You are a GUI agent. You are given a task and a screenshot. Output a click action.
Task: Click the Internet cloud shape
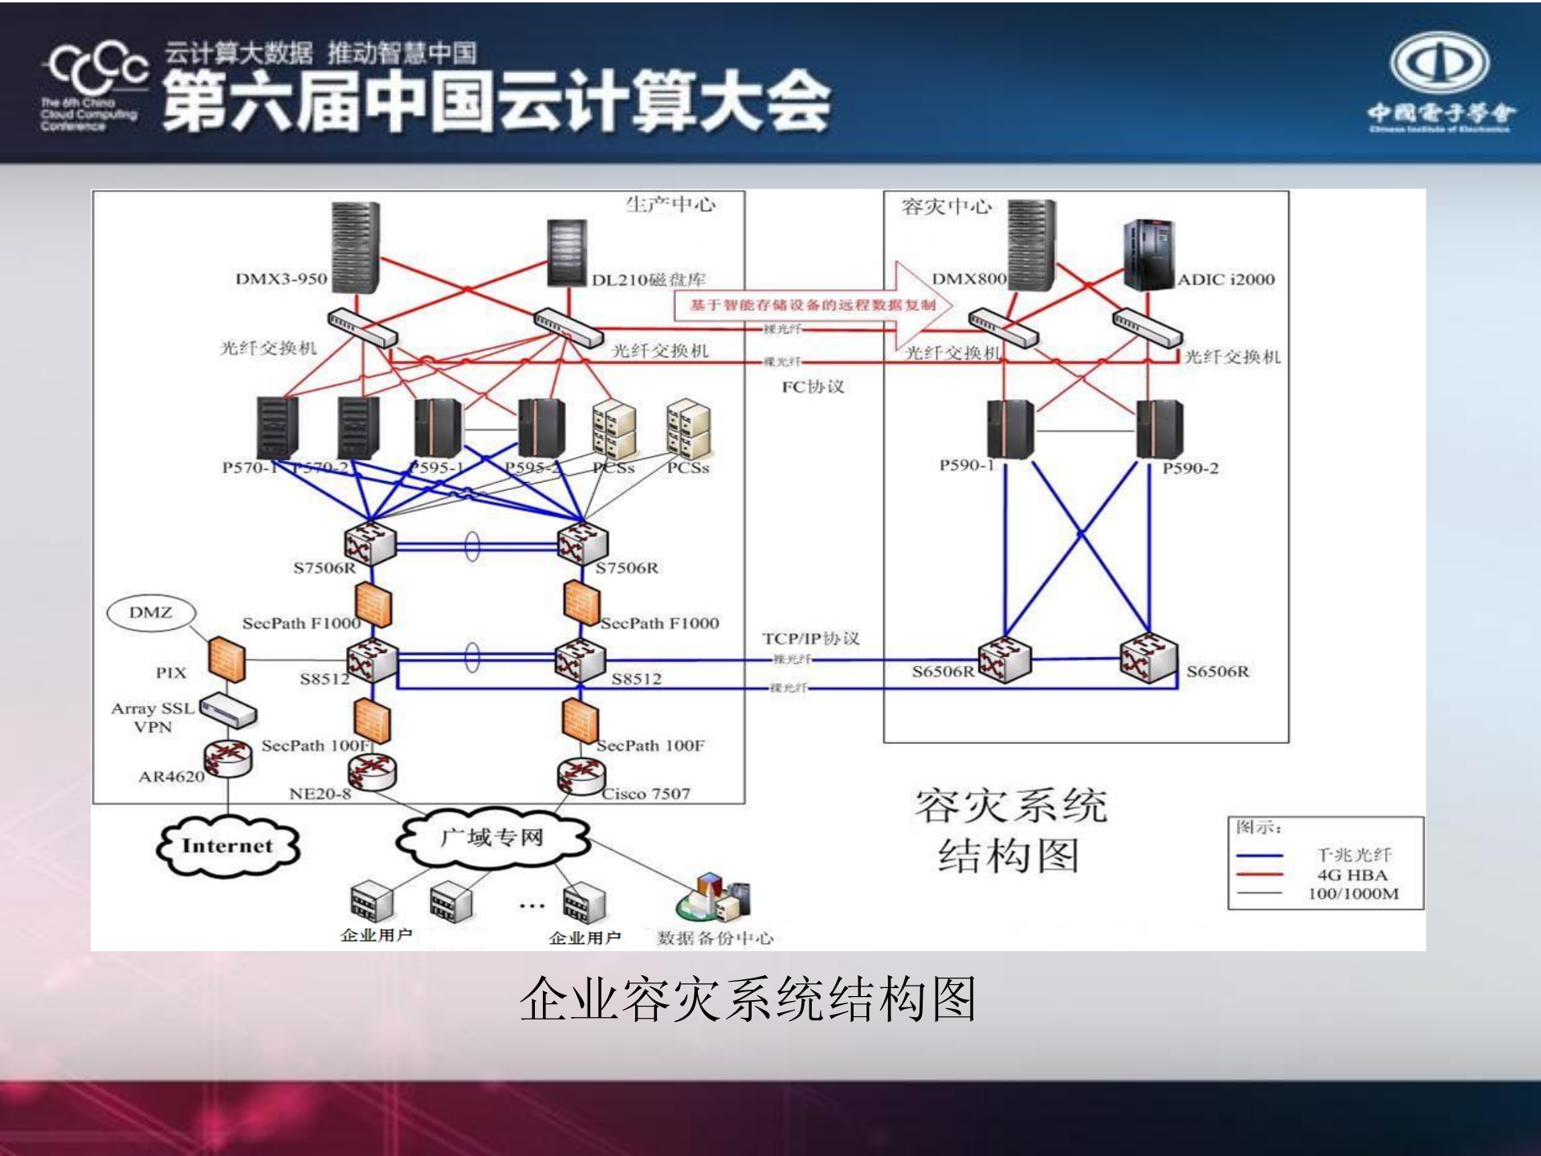(x=227, y=845)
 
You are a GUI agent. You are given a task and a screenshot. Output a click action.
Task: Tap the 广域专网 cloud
(x=491, y=838)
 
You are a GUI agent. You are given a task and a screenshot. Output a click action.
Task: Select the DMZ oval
(x=151, y=613)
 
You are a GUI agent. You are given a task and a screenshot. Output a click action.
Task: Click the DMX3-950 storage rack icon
(x=355, y=248)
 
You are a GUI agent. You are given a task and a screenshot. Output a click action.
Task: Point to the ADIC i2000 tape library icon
(x=1149, y=255)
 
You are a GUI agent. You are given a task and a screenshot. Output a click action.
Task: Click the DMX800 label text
(x=968, y=279)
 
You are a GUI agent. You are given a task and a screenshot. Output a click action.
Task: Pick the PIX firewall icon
(x=226, y=659)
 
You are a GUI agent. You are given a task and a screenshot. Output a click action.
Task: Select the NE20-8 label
(x=320, y=794)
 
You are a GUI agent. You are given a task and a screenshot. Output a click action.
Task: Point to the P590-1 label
(x=967, y=465)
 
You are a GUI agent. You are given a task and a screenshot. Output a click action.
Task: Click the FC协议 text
(x=813, y=386)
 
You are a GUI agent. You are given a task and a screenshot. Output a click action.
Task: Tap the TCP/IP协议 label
(x=810, y=639)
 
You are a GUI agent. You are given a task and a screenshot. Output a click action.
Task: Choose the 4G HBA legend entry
(x=1352, y=875)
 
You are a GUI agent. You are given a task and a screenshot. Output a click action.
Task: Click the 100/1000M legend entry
(x=1353, y=893)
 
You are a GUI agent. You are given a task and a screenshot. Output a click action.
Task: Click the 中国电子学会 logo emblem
(x=1440, y=63)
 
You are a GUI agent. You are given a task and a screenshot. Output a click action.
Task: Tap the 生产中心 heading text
(x=671, y=205)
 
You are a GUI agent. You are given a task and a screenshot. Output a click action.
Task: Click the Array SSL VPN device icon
(x=228, y=710)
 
